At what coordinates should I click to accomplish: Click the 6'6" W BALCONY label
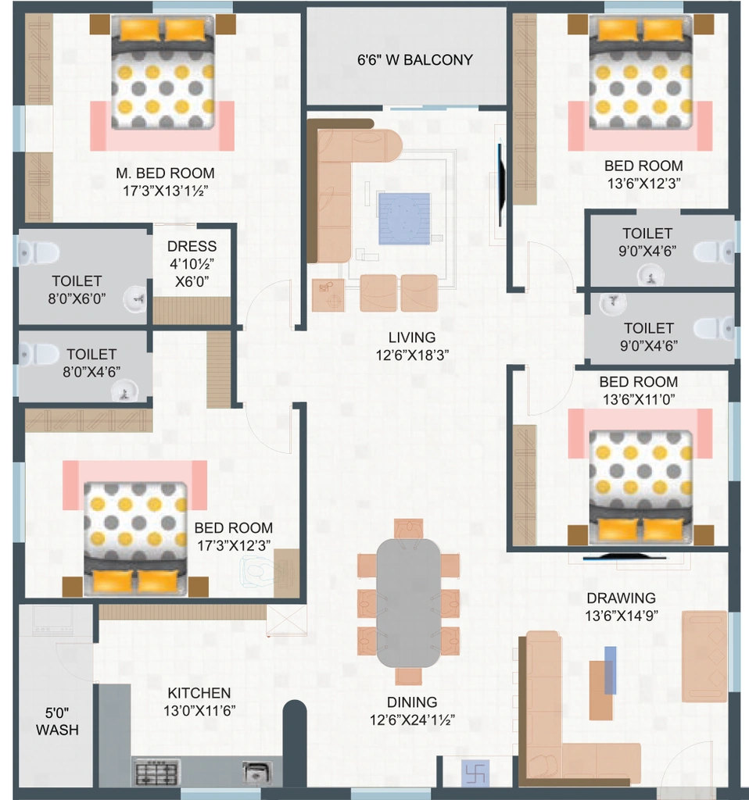[414, 60]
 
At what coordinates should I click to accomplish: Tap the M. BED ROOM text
[165, 173]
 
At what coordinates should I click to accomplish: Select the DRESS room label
[192, 246]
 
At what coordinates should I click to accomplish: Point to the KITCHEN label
[199, 693]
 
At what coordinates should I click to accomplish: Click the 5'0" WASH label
[57, 721]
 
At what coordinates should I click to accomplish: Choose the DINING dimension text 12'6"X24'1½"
[412, 720]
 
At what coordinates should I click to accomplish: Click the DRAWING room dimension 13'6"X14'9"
[622, 616]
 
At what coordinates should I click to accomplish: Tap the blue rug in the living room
[404, 219]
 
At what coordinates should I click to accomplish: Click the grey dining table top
[408, 602]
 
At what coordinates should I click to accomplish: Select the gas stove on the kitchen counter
[157, 773]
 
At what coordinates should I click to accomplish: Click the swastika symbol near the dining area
[475, 773]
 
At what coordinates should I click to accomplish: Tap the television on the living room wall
[501, 184]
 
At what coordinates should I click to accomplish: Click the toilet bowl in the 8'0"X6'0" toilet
[39, 252]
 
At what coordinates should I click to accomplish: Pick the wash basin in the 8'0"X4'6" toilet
[124, 392]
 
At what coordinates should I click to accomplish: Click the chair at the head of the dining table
[408, 529]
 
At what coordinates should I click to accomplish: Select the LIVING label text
[411, 337]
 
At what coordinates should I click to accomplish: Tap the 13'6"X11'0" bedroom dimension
[639, 399]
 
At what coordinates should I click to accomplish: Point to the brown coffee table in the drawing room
[600, 691]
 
